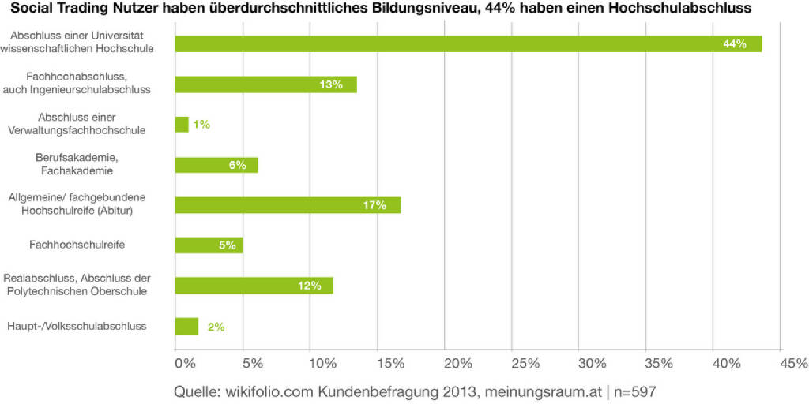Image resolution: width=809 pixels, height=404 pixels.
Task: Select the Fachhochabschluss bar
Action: coord(265,84)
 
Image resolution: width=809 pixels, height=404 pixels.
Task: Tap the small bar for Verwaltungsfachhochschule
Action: coord(182,125)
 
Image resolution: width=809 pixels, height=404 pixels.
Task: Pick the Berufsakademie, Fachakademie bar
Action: coord(216,165)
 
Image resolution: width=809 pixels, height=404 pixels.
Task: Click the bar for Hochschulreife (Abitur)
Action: coord(288,205)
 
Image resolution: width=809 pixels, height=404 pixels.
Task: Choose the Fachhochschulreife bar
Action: coord(209,245)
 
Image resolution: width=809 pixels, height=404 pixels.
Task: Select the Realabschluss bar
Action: coord(254,286)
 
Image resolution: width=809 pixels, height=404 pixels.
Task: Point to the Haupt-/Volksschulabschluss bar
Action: coord(186,326)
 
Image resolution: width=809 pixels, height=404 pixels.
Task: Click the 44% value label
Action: coord(735,44)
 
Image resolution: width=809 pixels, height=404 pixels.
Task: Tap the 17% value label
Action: coord(374,205)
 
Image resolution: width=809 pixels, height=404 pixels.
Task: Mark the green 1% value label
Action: coord(201,125)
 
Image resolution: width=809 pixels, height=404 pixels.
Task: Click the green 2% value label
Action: coord(216,326)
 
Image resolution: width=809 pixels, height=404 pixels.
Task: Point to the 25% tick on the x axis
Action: coord(525,364)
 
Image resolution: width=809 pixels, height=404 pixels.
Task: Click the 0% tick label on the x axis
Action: coord(183,364)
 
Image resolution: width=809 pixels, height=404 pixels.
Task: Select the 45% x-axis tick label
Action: coord(794,364)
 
